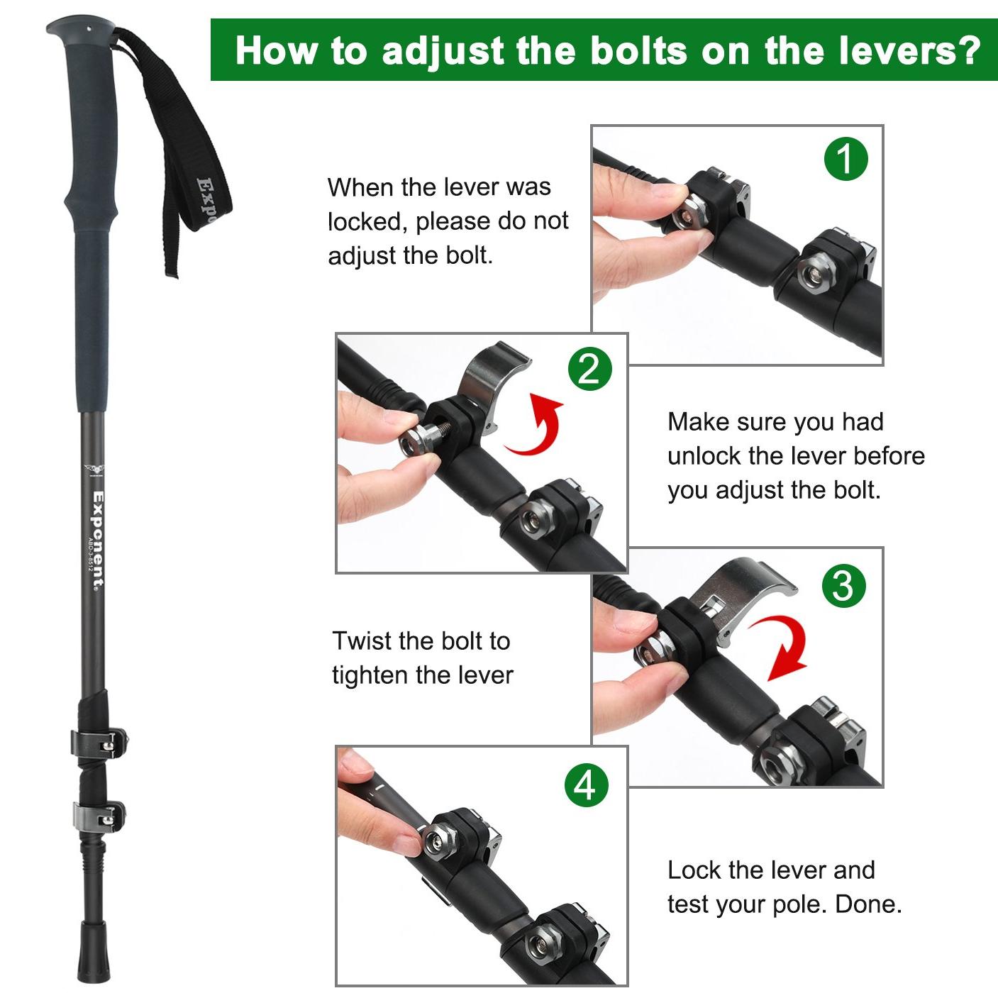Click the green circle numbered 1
[845, 158]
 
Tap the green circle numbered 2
[589, 370]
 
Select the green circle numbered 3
[843, 586]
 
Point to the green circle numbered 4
[587, 784]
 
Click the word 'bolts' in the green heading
[639, 51]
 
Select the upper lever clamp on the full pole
[99, 744]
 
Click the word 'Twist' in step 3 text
[361, 641]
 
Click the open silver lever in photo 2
[489, 381]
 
